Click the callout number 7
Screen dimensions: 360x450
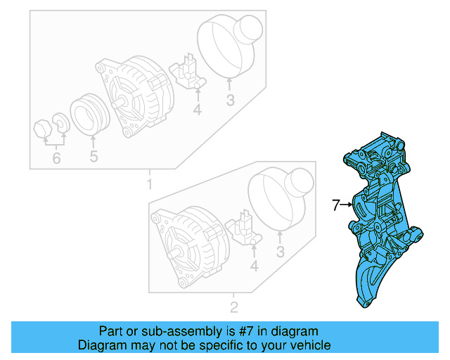point(336,205)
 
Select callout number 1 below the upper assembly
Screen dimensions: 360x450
point(148,185)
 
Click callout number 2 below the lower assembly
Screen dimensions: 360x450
point(234,307)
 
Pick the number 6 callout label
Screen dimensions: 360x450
point(56,158)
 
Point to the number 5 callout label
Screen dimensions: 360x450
point(94,156)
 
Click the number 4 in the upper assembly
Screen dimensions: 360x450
point(198,110)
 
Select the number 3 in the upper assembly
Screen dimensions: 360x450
point(229,101)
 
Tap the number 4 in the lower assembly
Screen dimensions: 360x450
point(254,266)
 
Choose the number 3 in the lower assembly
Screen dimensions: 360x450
point(281,252)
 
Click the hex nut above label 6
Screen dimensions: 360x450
point(43,129)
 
